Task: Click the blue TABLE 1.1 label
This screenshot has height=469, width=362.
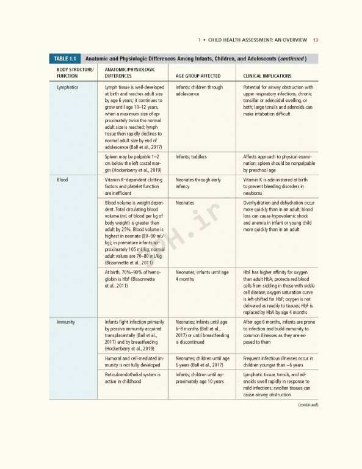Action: pyautogui.click(x=64, y=59)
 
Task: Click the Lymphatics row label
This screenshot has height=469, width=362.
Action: pyautogui.click(x=67, y=87)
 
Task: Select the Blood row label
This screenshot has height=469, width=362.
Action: pyautogui.click(x=62, y=180)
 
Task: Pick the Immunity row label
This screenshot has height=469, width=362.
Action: pyautogui.click(x=65, y=321)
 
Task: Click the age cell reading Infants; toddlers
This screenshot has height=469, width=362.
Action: pyautogui.click(x=190, y=157)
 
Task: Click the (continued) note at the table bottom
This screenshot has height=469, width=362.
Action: pyautogui.click(x=308, y=404)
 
